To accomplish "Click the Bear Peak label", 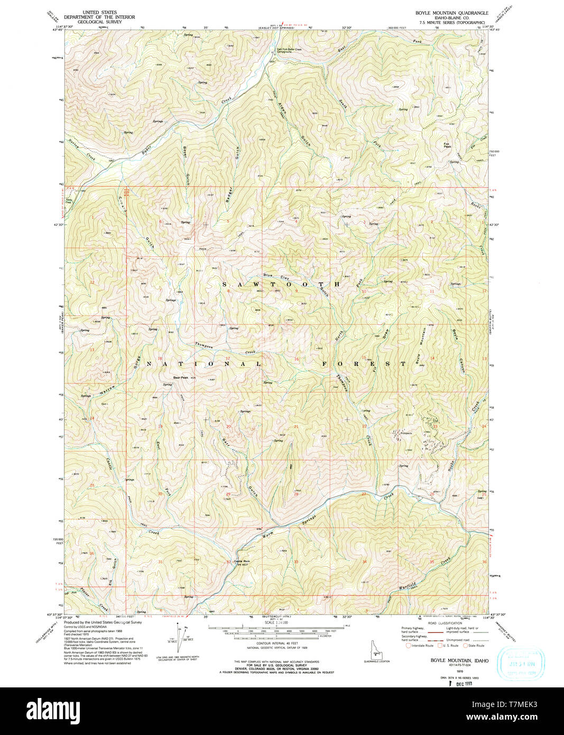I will pos(181,378).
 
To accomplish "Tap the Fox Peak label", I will pos(447,145).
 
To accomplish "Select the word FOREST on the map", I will pos(364,364).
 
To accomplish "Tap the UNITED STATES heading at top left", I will pos(100,12).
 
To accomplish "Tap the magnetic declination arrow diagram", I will pos(178,636).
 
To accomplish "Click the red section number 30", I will pos(160,493).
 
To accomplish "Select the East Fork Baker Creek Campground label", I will pos(289,51).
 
